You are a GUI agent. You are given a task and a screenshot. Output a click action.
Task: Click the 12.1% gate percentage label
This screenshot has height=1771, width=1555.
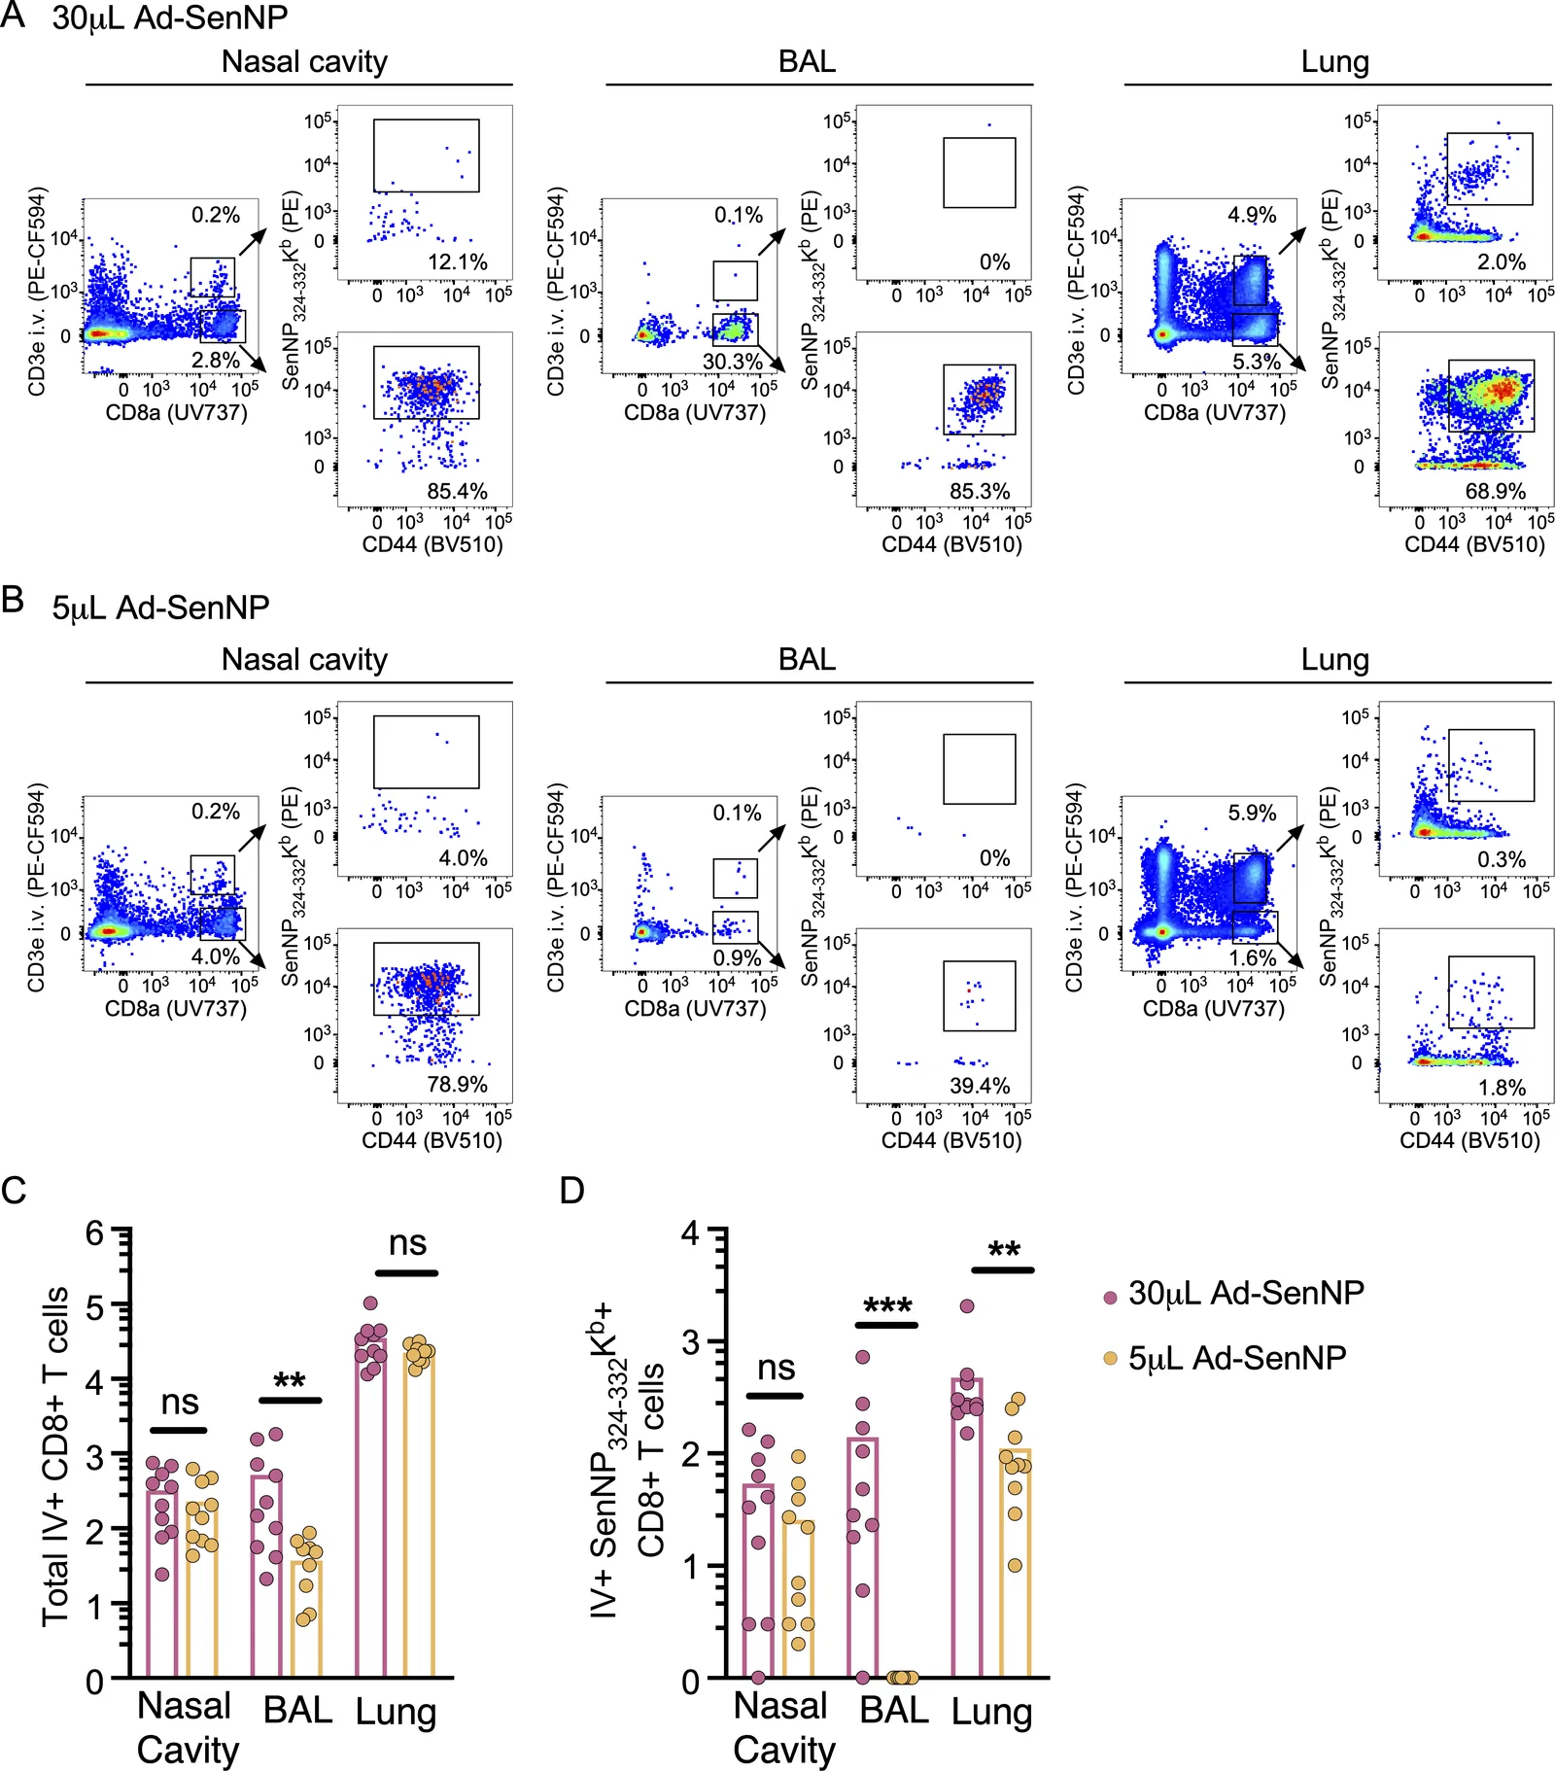(458, 262)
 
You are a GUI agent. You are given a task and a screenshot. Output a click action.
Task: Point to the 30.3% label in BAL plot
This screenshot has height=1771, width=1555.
(733, 362)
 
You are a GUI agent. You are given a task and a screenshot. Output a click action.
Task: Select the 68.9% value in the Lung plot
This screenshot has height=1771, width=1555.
(1496, 491)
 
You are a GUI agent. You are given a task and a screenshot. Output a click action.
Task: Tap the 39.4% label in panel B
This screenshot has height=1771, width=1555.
(980, 1086)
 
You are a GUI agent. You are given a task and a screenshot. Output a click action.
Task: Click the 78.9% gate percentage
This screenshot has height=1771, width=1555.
(458, 1084)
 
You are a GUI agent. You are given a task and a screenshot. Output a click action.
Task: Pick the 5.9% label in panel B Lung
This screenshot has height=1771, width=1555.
(1252, 813)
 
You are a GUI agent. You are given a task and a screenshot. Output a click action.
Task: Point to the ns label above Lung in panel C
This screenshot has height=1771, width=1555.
(407, 1243)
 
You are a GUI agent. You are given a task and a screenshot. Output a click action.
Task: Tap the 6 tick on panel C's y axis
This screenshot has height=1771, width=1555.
(94, 1233)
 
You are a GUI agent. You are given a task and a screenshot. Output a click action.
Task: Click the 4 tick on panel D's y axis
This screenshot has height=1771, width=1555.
(691, 1233)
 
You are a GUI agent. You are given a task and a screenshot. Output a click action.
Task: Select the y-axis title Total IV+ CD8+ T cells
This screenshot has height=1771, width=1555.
(55, 1456)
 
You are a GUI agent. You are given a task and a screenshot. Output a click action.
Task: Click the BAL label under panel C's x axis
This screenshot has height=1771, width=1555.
(297, 1710)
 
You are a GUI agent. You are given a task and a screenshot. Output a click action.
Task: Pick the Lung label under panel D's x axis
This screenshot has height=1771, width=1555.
(991, 1712)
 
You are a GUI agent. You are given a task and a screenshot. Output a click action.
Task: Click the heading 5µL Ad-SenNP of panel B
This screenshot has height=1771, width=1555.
(160, 608)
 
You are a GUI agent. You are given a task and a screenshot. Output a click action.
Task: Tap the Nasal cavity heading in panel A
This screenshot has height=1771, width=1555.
(304, 62)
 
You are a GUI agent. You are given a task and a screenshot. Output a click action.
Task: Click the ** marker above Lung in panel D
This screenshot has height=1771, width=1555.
(1004, 1250)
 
